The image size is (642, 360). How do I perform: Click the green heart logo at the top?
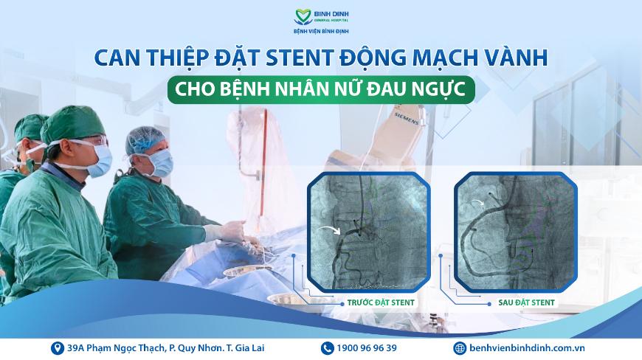tap(303, 17)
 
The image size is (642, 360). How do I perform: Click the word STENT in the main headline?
tap(300, 58)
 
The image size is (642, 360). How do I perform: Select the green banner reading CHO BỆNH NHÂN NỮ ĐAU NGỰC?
tap(321, 89)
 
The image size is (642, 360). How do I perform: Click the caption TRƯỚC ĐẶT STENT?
tap(381, 302)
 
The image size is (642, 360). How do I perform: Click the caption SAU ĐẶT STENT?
tap(527, 302)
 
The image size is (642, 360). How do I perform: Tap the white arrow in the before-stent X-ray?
tap(330, 229)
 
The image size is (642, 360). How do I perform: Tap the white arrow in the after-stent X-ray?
tap(477, 202)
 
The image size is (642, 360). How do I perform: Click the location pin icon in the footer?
tap(58, 348)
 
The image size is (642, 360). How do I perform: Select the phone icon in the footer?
tap(327, 348)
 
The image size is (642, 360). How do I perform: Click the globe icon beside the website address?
tap(460, 348)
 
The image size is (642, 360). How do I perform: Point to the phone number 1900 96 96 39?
tap(367, 348)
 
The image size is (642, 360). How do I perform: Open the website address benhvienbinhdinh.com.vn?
tap(527, 348)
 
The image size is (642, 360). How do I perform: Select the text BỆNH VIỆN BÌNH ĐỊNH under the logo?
tap(321, 31)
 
